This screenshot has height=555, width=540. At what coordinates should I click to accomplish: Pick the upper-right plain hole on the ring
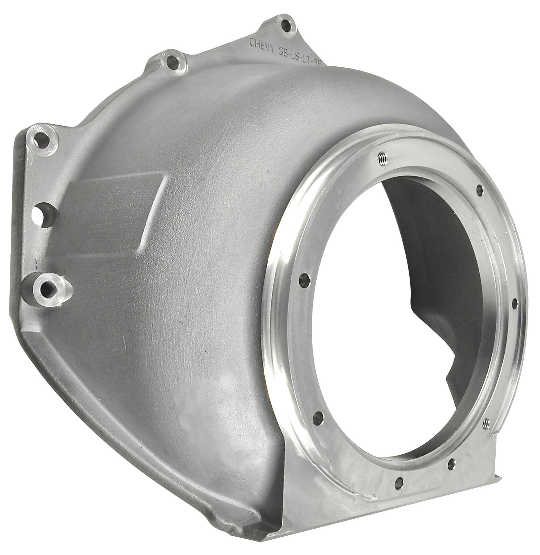[480, 189]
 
